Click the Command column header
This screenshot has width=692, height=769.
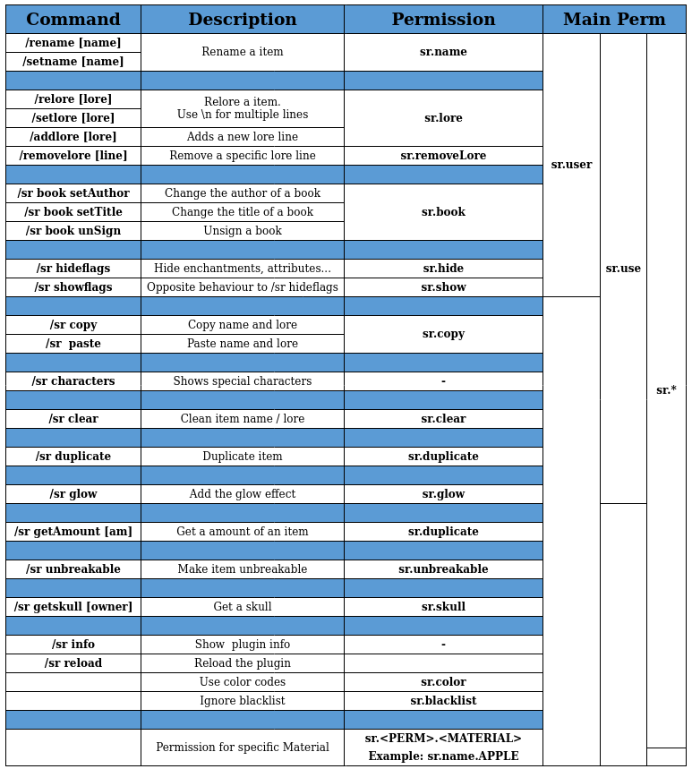(73, 20)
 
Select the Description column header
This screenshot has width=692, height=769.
(242, 20)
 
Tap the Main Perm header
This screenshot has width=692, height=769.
(614, 20)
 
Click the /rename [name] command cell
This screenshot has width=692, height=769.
(73, 43)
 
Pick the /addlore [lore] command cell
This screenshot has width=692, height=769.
(73, 137)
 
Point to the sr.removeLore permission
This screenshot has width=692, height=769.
(443, 156)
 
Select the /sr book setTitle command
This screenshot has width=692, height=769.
(73, 212)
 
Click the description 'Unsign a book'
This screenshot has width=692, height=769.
(242, 231)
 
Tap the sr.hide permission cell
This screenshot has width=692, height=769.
(443, 269)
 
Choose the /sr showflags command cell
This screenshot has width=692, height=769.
(73, 287)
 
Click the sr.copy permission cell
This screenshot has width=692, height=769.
(443, 334)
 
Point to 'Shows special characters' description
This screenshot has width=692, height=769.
(242, 381)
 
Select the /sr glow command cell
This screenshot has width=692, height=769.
(73, 494)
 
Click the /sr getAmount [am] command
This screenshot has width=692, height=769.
(73, 532)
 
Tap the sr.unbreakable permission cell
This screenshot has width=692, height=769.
(443, 569)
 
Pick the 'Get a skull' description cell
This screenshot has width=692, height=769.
(242, 607)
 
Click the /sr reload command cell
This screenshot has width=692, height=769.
(73, 663)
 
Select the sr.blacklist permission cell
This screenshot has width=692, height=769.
(443, 701)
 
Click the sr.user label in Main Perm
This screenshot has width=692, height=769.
(571, 165)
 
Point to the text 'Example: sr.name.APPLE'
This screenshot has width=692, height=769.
(443, 756)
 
